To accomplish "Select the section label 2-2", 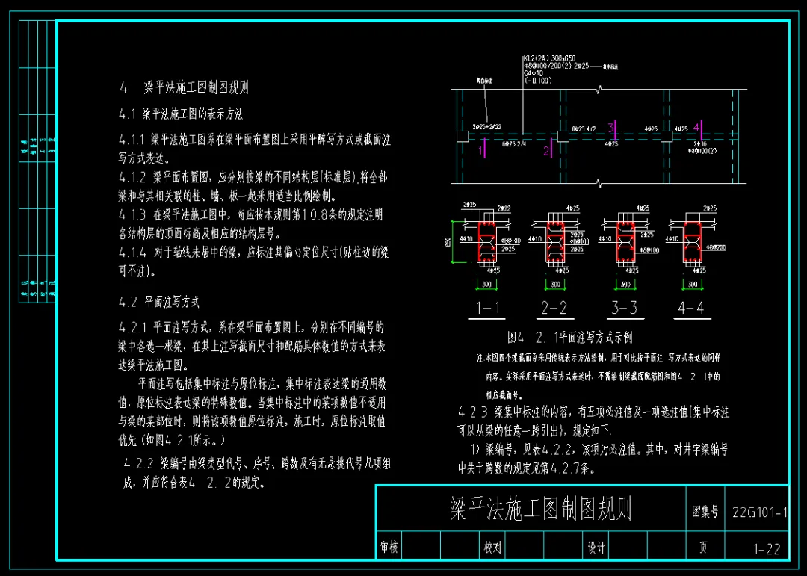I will pyautogui.click(x=554, y=308).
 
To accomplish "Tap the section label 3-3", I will pyautogui.click(x=624, y=308).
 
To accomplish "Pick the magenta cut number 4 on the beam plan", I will pyautogui.click(x=696, y=127).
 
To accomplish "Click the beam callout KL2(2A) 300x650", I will pyautogui.click(x=549, y=58).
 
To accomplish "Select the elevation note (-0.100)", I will pyautogui.click(x=538, y=81).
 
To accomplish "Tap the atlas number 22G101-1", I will pyautogui.click(x=759, y=512).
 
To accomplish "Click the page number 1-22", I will pyautogui.click(x=767, y=549).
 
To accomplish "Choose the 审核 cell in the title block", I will pyautogui.click(x=389, y=548).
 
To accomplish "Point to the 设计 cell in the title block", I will pyautogui.click(x=596, y=548).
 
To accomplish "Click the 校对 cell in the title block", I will pyautogui.click(x=492, y=548).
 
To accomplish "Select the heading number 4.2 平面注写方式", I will pyautogui.click(x=159, y=303).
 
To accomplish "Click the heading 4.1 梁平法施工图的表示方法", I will pyautogui.click(x=181, y=114).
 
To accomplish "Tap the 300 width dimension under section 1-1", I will pyautogui.click(x=486, y=285).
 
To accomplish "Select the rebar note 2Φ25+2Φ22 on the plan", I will pyautogui.click(x=487, y=128).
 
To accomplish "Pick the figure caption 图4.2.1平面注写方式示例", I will pyautogui.click(x=569, y=338).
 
